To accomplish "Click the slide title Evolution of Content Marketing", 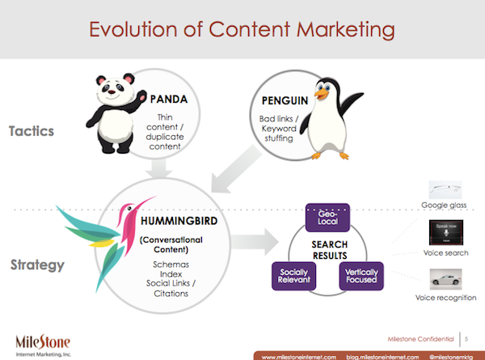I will tap(242, 30).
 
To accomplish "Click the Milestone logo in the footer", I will tap(44, 340).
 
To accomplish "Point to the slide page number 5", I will tap(468, 335).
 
